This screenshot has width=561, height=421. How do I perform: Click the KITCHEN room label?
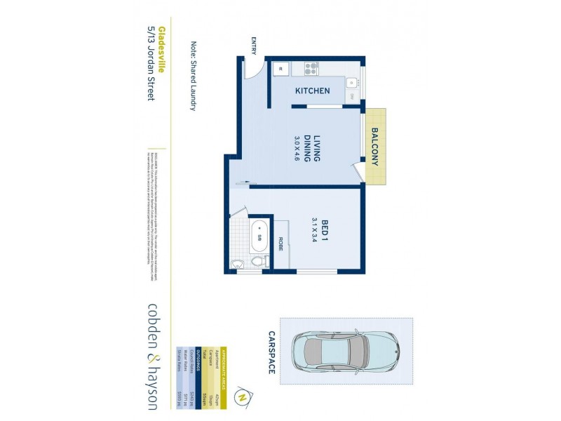[312, 91]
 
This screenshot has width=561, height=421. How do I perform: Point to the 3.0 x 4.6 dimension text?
[297, 149]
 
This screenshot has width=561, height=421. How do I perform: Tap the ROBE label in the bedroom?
[280, 243]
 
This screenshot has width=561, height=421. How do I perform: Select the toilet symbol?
[259, 262]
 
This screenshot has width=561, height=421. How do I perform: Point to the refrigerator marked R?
[279, 68]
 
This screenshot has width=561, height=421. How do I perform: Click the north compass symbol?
[243, 396]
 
